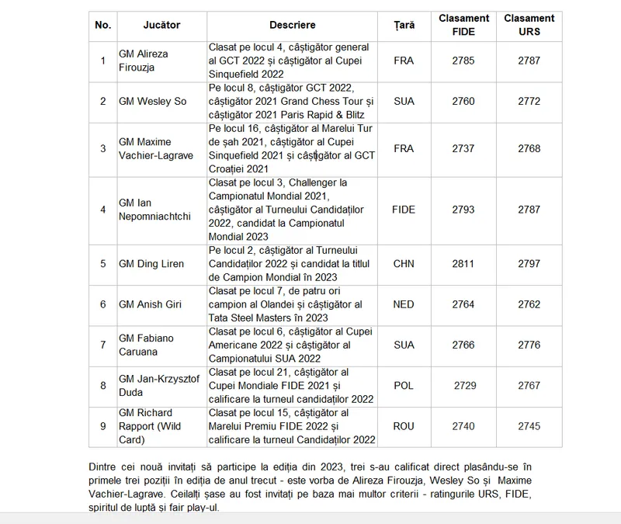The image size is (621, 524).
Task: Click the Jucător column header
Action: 161,26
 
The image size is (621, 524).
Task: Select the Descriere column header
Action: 291,26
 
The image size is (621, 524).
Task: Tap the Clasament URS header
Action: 529,26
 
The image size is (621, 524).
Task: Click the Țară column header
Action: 404,26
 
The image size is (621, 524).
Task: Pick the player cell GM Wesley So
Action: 152,101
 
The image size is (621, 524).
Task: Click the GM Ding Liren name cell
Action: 151,264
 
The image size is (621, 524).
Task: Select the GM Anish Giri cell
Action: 151,305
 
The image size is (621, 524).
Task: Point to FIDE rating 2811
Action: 463,264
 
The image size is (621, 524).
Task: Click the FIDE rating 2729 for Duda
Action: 465,386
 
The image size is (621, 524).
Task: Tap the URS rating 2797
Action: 529,264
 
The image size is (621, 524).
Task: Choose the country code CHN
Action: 404,264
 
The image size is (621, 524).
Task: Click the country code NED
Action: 404,305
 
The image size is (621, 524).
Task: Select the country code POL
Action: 404,386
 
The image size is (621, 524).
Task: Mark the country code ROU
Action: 404,426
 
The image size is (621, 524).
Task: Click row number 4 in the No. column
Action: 102,210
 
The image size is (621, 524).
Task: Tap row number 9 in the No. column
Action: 102,426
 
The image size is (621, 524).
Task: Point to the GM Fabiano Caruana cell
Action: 146,345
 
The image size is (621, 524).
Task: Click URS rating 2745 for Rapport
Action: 529,426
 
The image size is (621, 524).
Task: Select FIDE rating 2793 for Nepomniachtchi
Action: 463,210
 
